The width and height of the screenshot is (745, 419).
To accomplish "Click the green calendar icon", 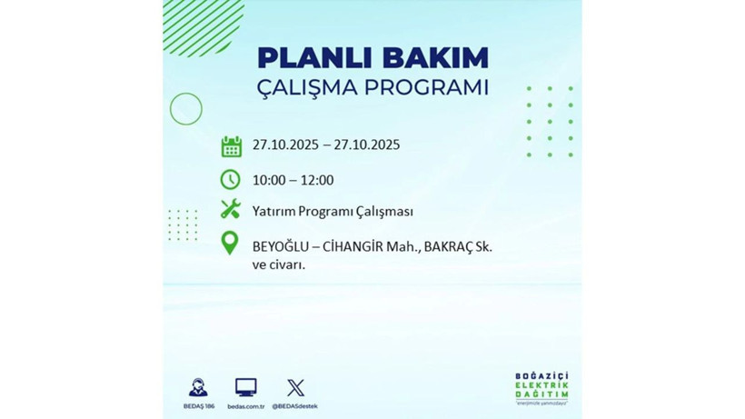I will coord(231,145).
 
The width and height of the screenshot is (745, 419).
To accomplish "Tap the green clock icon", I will coord(231,179).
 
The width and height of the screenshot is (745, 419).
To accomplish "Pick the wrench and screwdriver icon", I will coord(231,211).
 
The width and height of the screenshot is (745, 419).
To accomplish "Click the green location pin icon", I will coord(231,244).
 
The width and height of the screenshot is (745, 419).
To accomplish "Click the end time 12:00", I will coord(316,180).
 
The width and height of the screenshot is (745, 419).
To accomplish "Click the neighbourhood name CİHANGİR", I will coord(358,246).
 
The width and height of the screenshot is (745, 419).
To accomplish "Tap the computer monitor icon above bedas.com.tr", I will coord(245,386).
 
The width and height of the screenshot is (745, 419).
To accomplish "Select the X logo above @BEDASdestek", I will coord(295,387).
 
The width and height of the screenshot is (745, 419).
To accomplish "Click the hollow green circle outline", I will coord(186,109).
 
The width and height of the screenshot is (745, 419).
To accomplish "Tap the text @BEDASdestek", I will coord(295,405).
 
